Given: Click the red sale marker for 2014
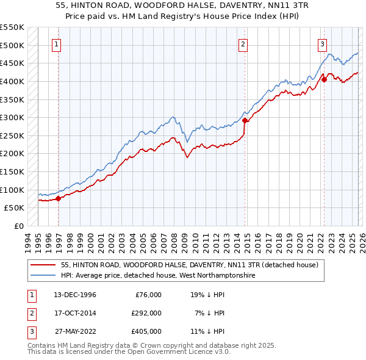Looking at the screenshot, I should coord(245,121).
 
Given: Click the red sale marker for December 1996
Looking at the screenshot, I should coord(59,198).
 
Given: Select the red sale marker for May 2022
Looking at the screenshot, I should coord(324,79).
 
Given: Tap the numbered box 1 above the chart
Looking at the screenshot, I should coord(56,43).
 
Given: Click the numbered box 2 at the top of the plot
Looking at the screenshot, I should coord(243,43).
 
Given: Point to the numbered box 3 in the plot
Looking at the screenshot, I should coord(321,43).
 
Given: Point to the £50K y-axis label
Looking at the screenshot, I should coord(15,208).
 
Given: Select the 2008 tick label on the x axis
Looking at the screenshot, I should coord(176,241).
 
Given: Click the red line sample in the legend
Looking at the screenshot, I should coord(43,265).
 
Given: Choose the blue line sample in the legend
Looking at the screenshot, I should coord(43,276).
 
